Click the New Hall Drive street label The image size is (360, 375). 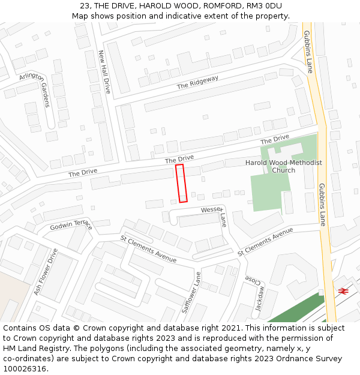(x=104, y=71)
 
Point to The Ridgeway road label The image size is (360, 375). (x=197, y=82)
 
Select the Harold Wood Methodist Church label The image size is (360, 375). (x=283, y=166)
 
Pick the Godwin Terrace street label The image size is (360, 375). (x=71, y=225)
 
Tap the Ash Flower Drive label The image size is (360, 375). (x=45, y=271)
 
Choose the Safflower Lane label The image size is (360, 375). (x=191, y=292)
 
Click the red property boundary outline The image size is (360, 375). (x=181, y=183)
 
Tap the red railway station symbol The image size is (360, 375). (x=343, y=291)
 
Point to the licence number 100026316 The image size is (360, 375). (x=25, y=369)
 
